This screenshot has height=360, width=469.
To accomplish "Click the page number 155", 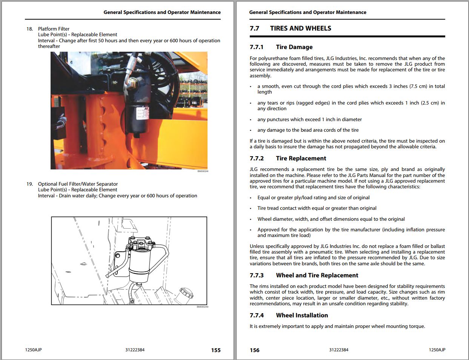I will (216, 350).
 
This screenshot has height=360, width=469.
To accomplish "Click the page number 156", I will (255, 350).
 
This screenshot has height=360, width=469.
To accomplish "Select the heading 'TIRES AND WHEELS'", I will (300, 28).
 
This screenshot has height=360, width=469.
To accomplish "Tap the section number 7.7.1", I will (257, 47).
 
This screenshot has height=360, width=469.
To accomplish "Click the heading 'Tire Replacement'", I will (301, 158).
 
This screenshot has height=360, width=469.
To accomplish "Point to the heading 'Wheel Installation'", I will (302, 315).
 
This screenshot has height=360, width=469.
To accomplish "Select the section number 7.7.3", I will (257, 275).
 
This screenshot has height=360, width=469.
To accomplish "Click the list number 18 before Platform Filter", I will (30, 29).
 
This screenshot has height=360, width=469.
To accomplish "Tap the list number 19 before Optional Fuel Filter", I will (30, 184).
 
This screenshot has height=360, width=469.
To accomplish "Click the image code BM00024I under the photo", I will (203, 171).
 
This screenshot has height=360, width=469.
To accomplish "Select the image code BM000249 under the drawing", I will (202, 307).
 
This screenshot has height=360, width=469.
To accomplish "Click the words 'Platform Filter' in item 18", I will (54, 29).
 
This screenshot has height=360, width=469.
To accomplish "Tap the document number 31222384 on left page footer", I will (135, 350).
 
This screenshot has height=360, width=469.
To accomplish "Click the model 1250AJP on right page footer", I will (437, 350).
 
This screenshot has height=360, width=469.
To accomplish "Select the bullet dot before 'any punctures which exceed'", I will (251, 120).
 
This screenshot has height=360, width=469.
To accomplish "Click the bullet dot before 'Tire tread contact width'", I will (251, 208).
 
